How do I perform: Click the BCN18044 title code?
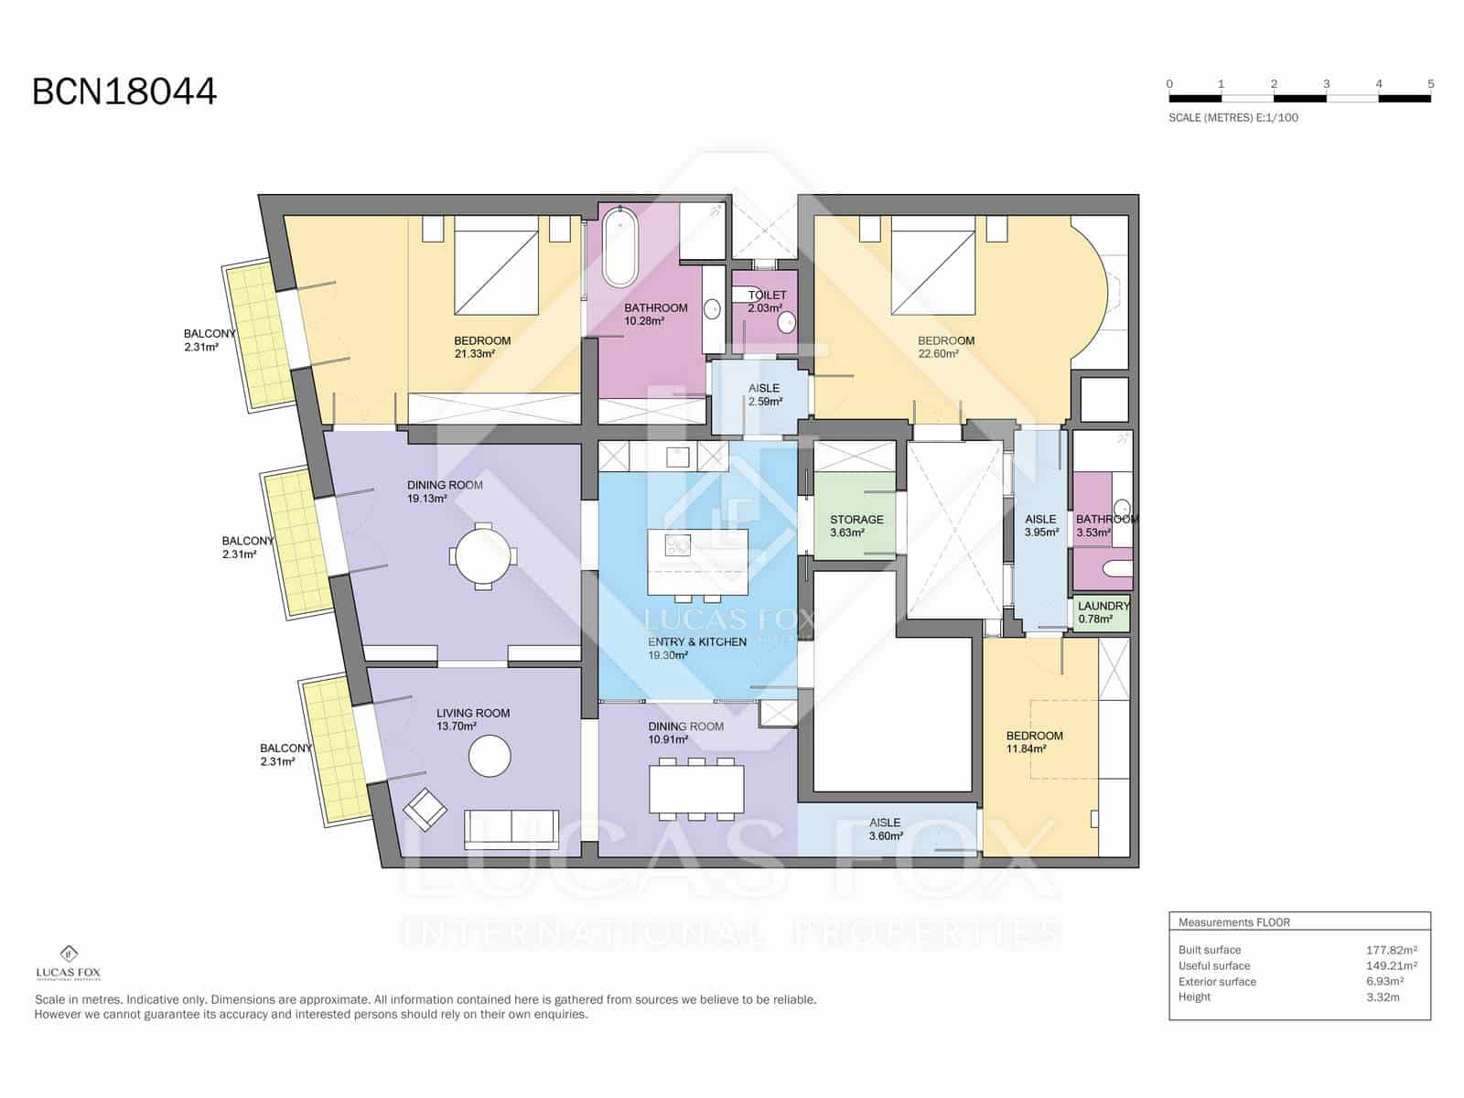coord(124,91)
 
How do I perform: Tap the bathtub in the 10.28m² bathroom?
coord(619,247)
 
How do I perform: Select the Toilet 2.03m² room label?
coord(766,301)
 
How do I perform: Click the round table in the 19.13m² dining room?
coord(483,556)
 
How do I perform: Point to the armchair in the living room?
coord(425,810)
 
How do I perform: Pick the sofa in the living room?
coord(511,829)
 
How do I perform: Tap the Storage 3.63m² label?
coord(856,526)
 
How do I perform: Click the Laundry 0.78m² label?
coord(1103,612)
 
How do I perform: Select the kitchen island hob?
coord(678,544)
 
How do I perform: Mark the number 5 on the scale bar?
coord(1431,84)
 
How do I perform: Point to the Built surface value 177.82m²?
coord(1392,950)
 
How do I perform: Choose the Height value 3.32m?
coord(1383,996)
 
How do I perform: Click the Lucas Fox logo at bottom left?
coord(68,963)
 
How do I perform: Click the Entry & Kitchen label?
coord(697,642)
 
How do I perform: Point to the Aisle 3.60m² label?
coord(886,829)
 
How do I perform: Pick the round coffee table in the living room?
coord(490,756)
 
